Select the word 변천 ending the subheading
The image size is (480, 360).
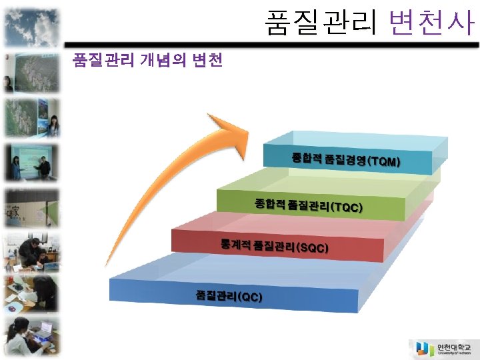pyautogui.click(x=207, y=61)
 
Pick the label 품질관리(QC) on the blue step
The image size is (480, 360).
pyautogui.click(x=229, y=295)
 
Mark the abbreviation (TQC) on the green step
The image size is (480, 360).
pyautogui.click(x=347, y=207)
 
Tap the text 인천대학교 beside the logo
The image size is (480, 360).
pyautogui.click(x=453, y=346)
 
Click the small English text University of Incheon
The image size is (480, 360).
pyautogui.click(x=453, y=353)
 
